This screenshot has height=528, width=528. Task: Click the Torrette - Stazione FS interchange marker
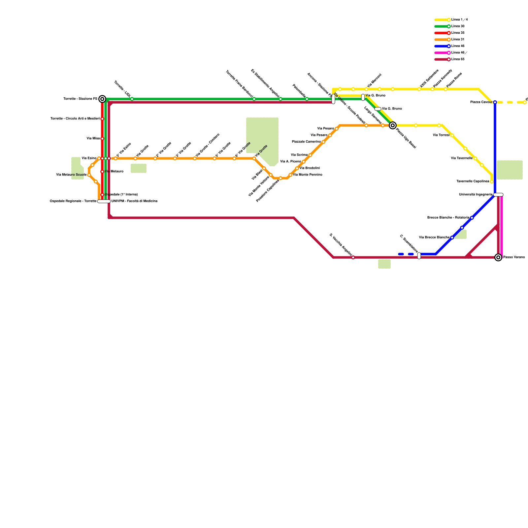coord(102,99)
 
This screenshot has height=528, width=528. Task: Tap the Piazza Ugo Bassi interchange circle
coord(393,125)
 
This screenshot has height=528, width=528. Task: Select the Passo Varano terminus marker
coord(498,257)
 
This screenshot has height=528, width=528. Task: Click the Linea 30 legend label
coord(458,26)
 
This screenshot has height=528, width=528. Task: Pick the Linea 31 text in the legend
coord(458,40)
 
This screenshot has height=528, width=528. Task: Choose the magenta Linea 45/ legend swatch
coord(442,53)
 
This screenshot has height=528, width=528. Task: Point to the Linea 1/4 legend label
coord(459,20)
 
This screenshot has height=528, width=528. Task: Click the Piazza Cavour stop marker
coord(495,102)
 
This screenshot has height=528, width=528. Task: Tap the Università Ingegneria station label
coord(476,195)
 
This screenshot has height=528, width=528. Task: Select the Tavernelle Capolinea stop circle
coord(492,181)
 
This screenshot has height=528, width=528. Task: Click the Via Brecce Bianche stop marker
coord(452,238)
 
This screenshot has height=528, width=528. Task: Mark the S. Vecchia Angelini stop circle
coord(353,257)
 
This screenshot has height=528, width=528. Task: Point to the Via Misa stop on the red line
coord(102,139)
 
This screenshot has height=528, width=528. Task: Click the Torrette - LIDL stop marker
coord(132,99)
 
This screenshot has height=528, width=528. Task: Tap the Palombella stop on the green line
coord(307,99)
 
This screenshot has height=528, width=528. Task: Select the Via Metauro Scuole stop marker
coord(89,175)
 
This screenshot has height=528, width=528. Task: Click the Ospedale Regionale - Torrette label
coord(73,201)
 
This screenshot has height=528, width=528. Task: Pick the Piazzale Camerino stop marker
coord(323,142)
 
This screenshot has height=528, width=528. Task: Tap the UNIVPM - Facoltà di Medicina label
coord(134,201)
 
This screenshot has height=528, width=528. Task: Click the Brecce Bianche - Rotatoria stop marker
coord(472,218)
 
